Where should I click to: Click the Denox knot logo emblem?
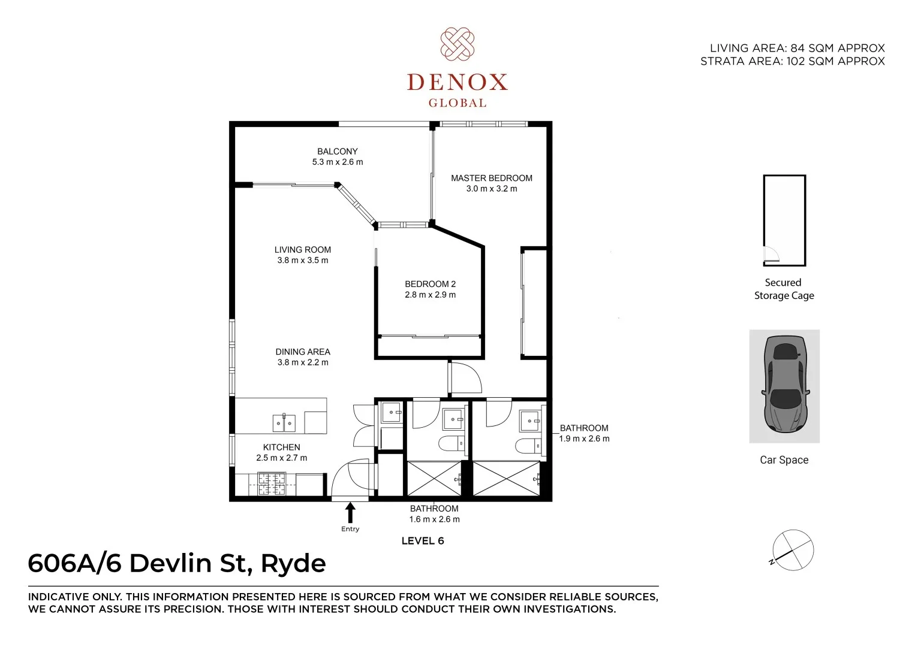(457, 44)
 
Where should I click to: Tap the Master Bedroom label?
(491, 178)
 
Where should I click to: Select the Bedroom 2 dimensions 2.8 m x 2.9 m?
(430, 295)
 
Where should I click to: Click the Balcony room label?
(337, 152)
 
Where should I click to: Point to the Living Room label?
(302, 250)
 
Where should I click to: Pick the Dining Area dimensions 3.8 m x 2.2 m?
(302, 362)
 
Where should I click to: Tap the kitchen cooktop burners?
(271, 483)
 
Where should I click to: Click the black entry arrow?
(350, 513)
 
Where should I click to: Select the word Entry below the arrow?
(350, 529)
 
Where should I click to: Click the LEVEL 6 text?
(422, 541)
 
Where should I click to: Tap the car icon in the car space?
(784, 385)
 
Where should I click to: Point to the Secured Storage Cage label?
(784, 289)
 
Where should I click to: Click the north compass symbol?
(792, 548)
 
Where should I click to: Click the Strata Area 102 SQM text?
(792, 61)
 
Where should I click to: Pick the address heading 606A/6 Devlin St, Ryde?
(177, 564)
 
